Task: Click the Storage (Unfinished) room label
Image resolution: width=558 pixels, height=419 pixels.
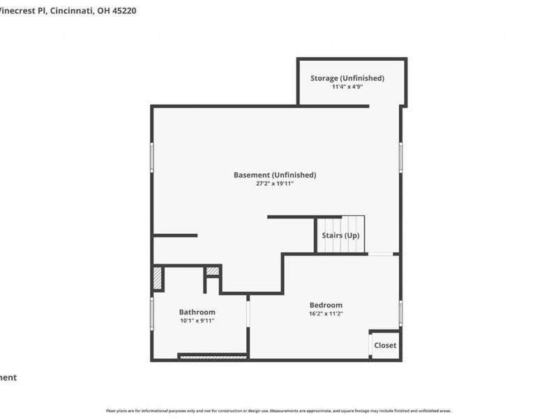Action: pos(347,78)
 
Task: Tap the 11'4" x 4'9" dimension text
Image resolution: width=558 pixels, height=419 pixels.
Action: pos(347,87)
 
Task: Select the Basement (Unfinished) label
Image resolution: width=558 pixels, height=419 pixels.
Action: pos(275,175)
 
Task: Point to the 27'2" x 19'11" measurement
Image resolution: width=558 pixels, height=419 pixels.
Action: pos(275,184)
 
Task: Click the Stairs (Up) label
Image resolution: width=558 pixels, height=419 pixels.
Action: pos(340,235)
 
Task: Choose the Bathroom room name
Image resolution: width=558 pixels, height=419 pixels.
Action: pos(197,312)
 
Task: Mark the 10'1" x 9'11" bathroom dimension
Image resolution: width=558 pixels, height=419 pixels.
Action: pos(197,321)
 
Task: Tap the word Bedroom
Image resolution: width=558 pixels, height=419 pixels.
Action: pos(326,305)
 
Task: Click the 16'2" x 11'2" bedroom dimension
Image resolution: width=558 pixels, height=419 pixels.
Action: pos(326,314)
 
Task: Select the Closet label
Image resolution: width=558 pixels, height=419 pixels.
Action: pos(385,346)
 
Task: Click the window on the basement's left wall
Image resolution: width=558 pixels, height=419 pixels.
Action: pos(152,157)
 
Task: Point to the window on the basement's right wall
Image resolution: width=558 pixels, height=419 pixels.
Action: pos(400,157)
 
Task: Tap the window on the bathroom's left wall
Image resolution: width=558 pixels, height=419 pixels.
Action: pos(152,314)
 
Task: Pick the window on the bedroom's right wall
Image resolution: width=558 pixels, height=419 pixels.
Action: pos(400,313)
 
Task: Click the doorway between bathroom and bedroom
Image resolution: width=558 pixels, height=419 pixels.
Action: pos(248,311)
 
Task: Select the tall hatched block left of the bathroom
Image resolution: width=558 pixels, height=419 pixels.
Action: pos(158,279)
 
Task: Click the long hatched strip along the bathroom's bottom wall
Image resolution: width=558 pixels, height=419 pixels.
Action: pos(213,357)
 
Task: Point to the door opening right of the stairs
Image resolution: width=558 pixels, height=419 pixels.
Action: pos(380,253)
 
